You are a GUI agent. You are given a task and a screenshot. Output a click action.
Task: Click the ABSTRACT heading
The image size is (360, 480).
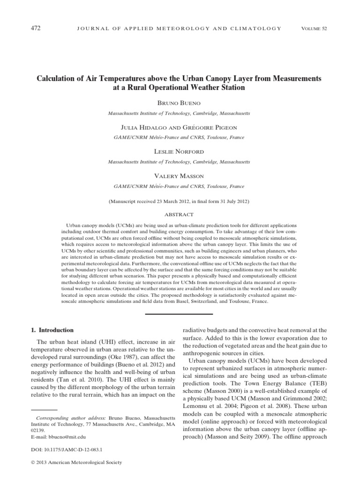[x=180, y=214]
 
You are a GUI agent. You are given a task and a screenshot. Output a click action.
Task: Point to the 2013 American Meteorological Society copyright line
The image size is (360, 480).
[x=76, y=462]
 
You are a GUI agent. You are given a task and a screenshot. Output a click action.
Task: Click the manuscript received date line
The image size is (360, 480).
[x=179, y=202]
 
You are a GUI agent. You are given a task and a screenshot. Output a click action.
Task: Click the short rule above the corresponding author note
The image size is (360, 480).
[x=40, y=410]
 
